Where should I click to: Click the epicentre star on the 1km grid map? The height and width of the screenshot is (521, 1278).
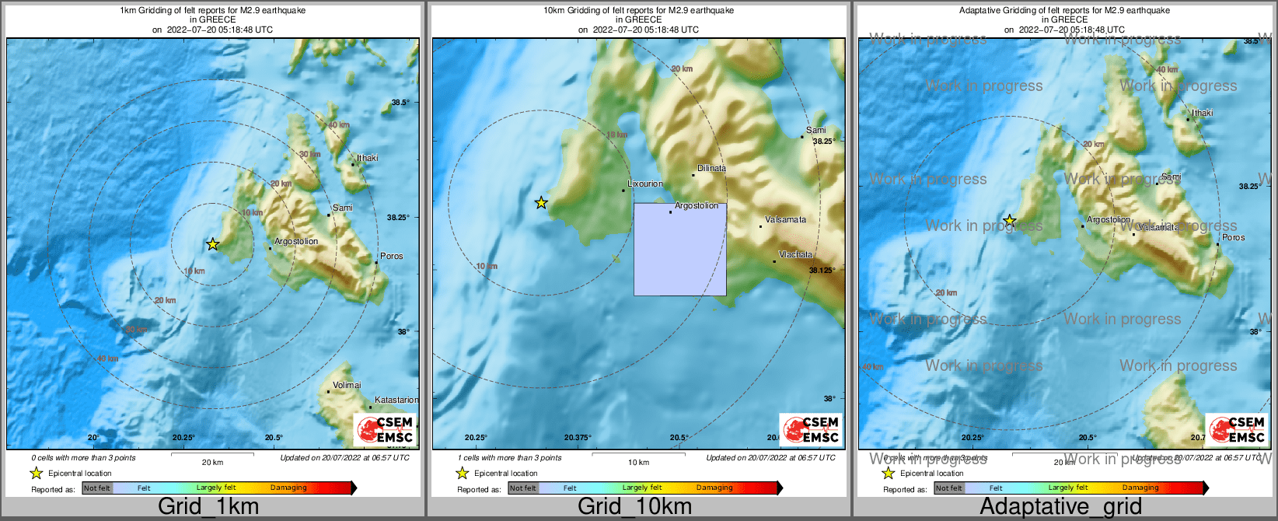point(212,244)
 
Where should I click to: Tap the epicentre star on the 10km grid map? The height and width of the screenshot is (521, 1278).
point(541,203)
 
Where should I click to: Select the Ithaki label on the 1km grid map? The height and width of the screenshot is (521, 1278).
point(368,158)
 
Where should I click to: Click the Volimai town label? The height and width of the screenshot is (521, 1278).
point(347,385)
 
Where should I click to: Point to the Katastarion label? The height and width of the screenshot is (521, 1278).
point(396,400)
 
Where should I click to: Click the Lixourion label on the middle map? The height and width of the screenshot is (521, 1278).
point(645,184)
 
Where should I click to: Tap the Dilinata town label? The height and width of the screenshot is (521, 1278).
point(711,168)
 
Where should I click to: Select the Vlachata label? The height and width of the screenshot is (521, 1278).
point(795,254)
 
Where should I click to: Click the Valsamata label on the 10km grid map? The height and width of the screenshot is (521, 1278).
point(785,220)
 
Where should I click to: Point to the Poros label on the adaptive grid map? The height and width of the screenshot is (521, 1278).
point(1234,237)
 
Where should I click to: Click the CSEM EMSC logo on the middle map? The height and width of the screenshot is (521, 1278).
point(810,429)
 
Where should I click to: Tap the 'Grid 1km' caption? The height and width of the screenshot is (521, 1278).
point(208,507)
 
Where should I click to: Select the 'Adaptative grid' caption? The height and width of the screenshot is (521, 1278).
point(1060,507)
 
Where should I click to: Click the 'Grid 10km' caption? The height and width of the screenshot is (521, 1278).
point(634,507)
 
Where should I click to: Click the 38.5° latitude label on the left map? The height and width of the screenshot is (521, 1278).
point(400,103)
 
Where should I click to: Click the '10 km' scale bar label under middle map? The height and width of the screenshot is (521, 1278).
point(638,463)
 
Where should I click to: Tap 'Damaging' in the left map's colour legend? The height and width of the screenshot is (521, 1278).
point(288,488)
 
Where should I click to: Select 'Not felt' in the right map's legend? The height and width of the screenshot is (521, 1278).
point(948,488)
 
